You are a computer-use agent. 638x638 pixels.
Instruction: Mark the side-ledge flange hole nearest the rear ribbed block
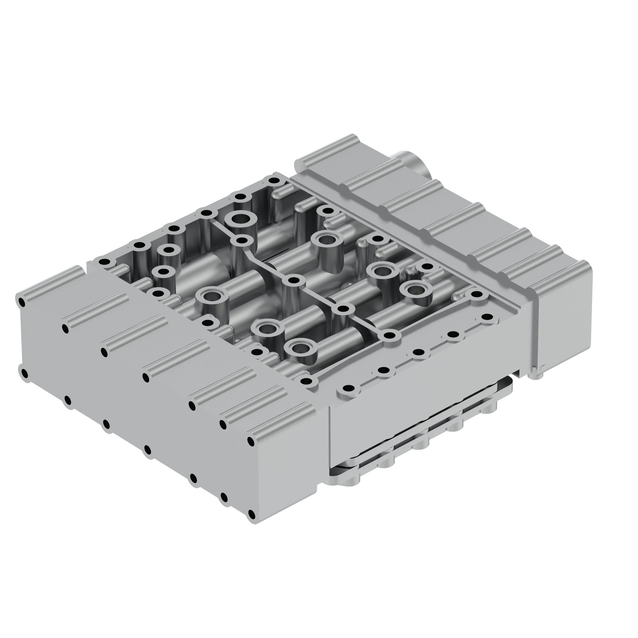(x=486, y=317)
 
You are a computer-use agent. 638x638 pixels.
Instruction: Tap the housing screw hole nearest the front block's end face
(x=307, y=382)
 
